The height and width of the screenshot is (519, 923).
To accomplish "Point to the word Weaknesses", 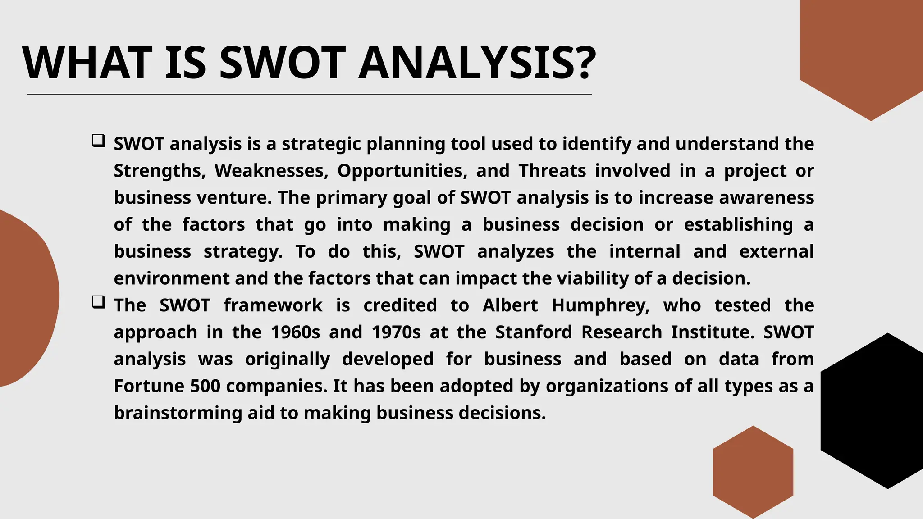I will click(271, 171).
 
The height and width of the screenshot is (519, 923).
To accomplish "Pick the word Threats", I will click(552, 171).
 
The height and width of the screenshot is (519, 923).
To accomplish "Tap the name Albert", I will click(510, 305).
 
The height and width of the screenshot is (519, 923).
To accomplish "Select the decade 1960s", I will click(296, 332).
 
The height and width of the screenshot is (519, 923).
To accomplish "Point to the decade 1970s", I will click(396, 332).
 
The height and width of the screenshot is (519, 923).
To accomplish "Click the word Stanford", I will click(533, 332).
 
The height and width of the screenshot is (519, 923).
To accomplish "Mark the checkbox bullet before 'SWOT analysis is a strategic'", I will click(98, 141).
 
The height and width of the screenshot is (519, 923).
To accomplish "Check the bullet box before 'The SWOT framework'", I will click(98, 302).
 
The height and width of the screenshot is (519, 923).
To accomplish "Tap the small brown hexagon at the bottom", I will click(753, 472).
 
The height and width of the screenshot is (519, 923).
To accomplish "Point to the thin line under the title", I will click(309, 95).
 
